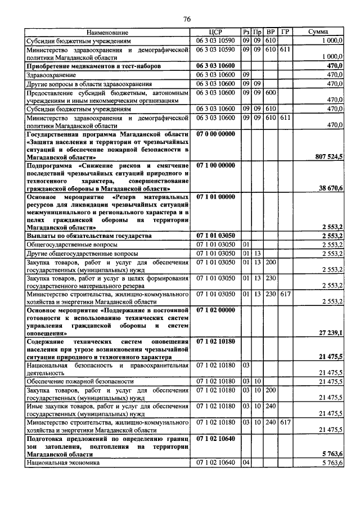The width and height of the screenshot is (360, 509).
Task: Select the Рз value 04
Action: (x=245, y=463)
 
